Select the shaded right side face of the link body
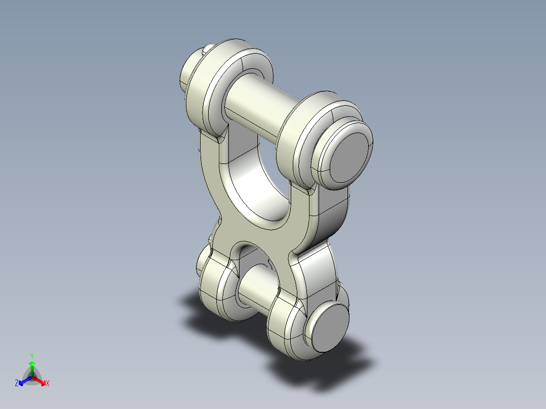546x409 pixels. [329, 213]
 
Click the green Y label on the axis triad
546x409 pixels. [32, 355]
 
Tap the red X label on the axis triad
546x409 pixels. [47, 384]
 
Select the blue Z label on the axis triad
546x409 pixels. [17, 384]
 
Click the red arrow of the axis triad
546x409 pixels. [41, 380]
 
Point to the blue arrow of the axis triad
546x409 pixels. [23, 381]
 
